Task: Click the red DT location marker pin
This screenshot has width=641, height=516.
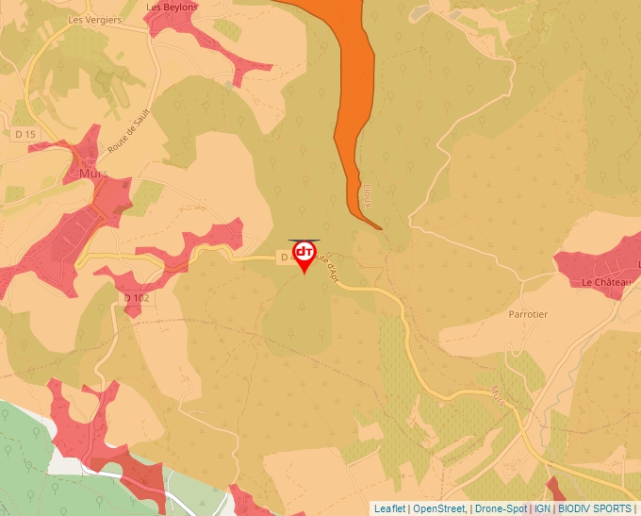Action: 304,254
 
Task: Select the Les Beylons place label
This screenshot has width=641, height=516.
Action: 173,7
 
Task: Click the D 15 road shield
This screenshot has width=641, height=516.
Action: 25,135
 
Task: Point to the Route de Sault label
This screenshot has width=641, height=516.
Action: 130,132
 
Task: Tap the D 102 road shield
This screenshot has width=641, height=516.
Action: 137,298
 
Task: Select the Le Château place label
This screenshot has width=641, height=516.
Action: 600,282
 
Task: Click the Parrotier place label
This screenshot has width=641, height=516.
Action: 528,314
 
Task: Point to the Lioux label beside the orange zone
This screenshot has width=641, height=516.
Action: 365,195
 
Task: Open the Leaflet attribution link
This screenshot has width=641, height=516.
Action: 389,508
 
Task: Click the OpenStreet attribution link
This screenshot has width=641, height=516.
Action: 439,508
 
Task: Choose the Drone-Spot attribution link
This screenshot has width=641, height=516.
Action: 501,508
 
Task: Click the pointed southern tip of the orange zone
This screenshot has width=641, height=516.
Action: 380,228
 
